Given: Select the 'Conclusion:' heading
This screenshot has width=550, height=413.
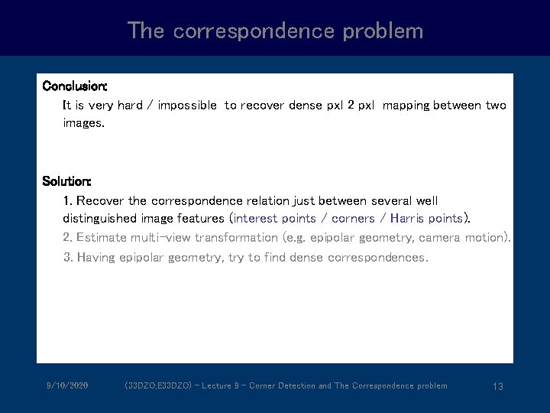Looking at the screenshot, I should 75,85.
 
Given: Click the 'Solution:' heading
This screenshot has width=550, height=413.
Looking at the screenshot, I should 67,181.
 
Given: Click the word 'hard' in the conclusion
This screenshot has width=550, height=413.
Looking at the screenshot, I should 130,105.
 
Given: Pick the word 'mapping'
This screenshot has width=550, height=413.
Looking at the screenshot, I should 406,105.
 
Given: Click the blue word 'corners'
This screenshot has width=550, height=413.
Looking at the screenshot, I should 353,218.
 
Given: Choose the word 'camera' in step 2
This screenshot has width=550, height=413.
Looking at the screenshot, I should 439,238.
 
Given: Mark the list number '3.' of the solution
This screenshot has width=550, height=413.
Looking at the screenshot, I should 68,258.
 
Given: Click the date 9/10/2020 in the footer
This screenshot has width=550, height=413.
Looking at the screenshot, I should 67,385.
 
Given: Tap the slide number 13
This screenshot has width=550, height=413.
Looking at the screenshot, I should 497,386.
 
